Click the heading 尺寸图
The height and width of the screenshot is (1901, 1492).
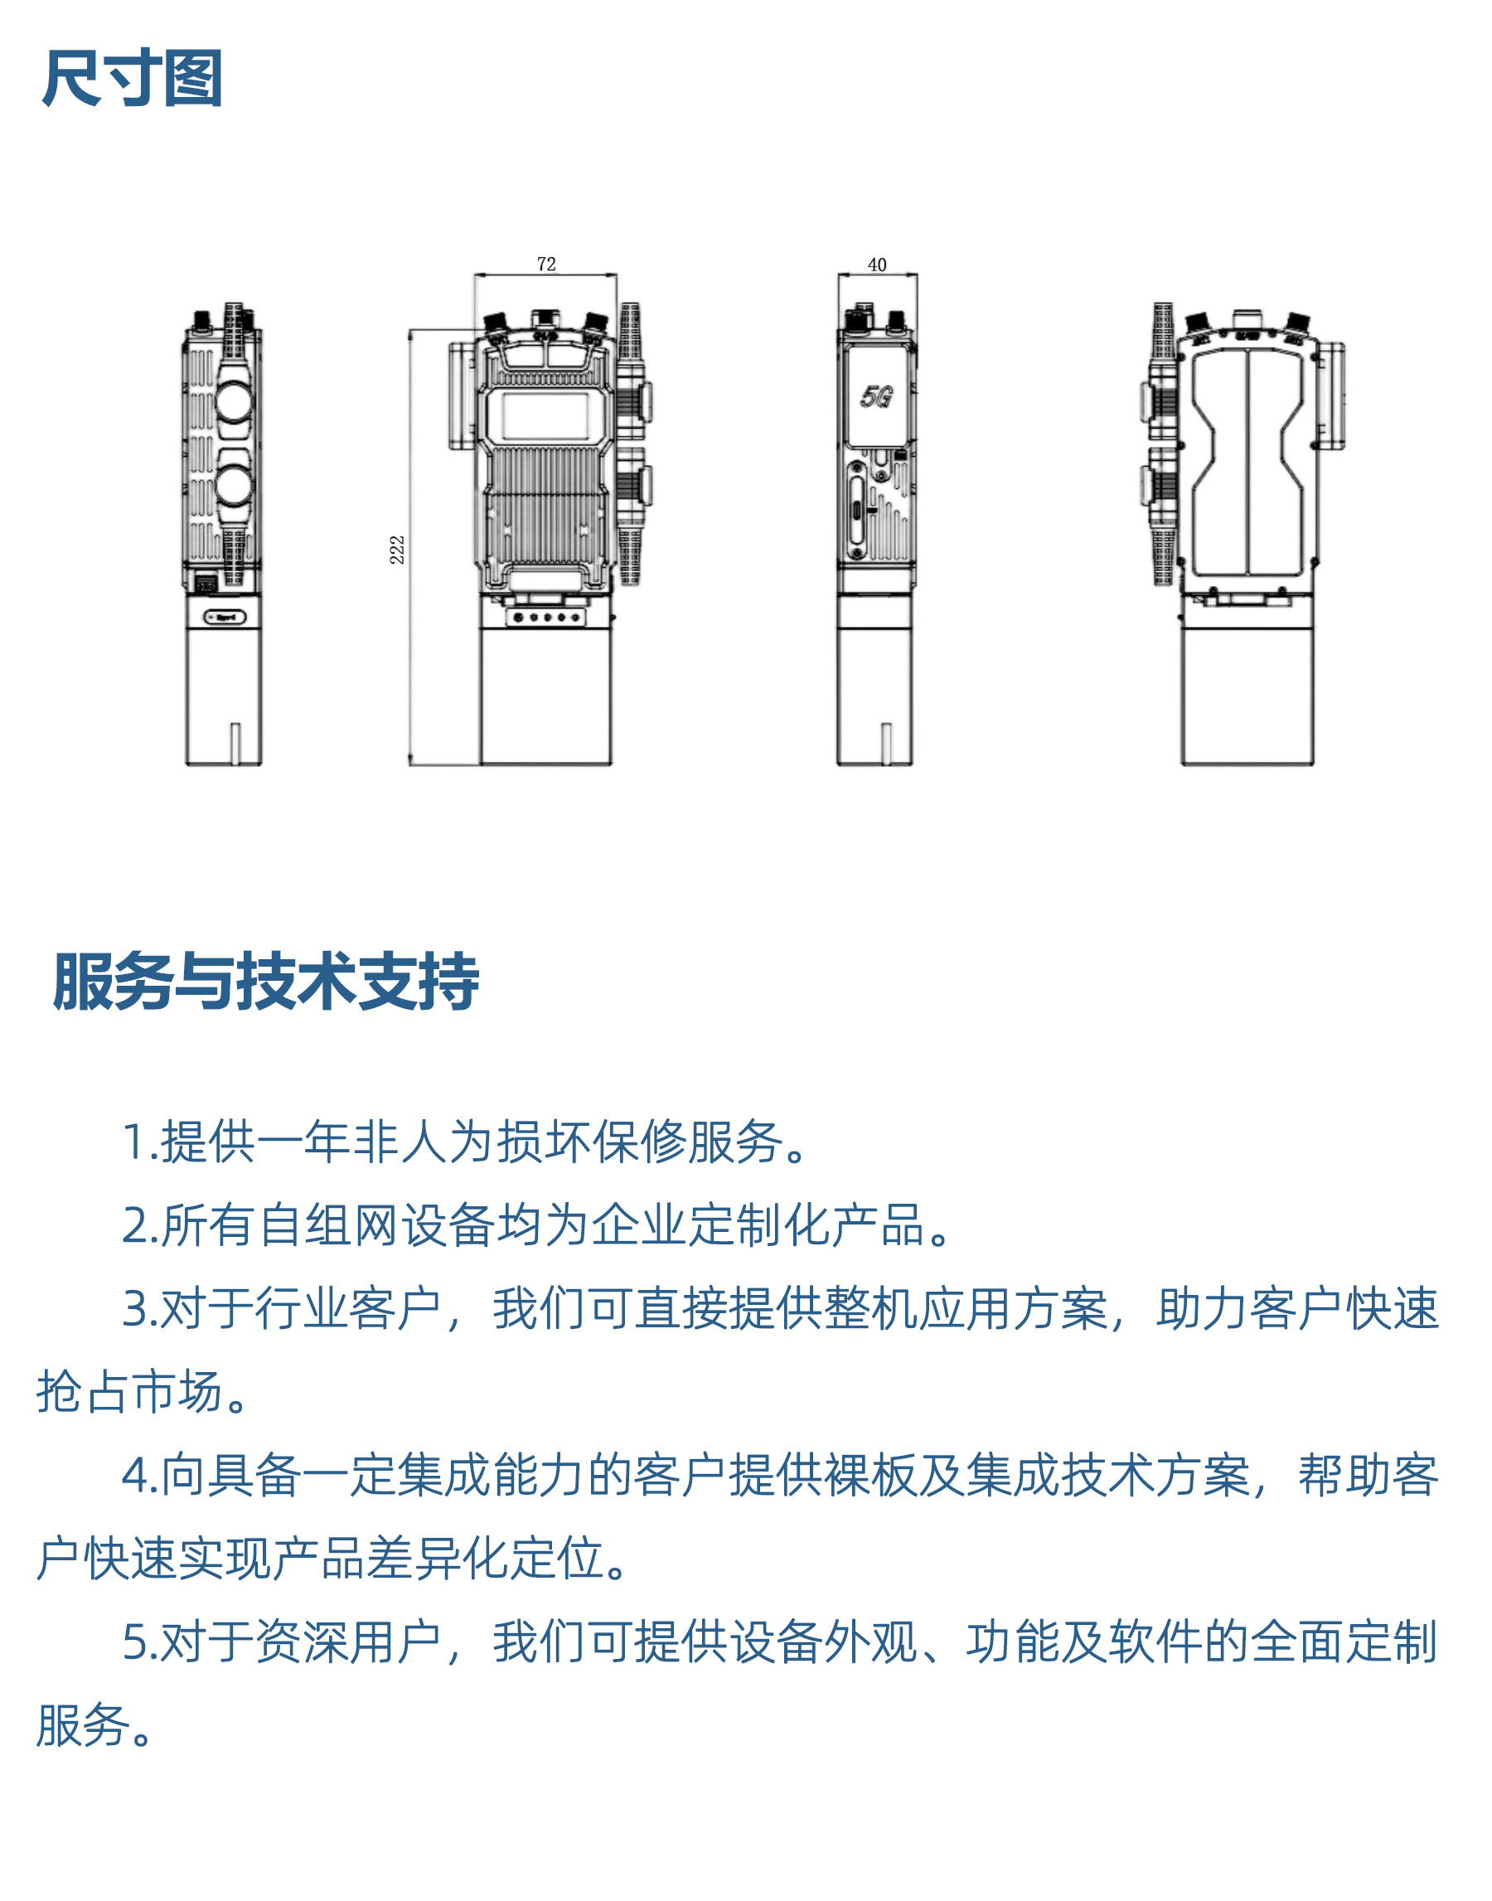tap(132, 79)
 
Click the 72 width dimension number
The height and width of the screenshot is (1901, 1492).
tap(546, 264)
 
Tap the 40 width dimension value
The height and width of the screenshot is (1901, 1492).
tap(877, 264)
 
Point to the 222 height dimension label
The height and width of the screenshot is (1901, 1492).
tap(398, 550)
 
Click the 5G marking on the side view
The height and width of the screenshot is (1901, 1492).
tap(876, 396)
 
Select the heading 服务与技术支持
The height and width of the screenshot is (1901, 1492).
tap(265, 981)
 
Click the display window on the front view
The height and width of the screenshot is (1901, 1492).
tap(545, 417)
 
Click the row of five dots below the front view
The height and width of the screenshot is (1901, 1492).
tap(546, 618)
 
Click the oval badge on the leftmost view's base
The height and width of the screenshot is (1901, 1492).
tap(225, 617)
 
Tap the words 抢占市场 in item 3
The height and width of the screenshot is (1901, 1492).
tap(129, 1392)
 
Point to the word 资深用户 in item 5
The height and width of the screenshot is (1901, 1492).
tap(347, 1642)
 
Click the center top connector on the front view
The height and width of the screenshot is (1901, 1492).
tap(545, 318)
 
